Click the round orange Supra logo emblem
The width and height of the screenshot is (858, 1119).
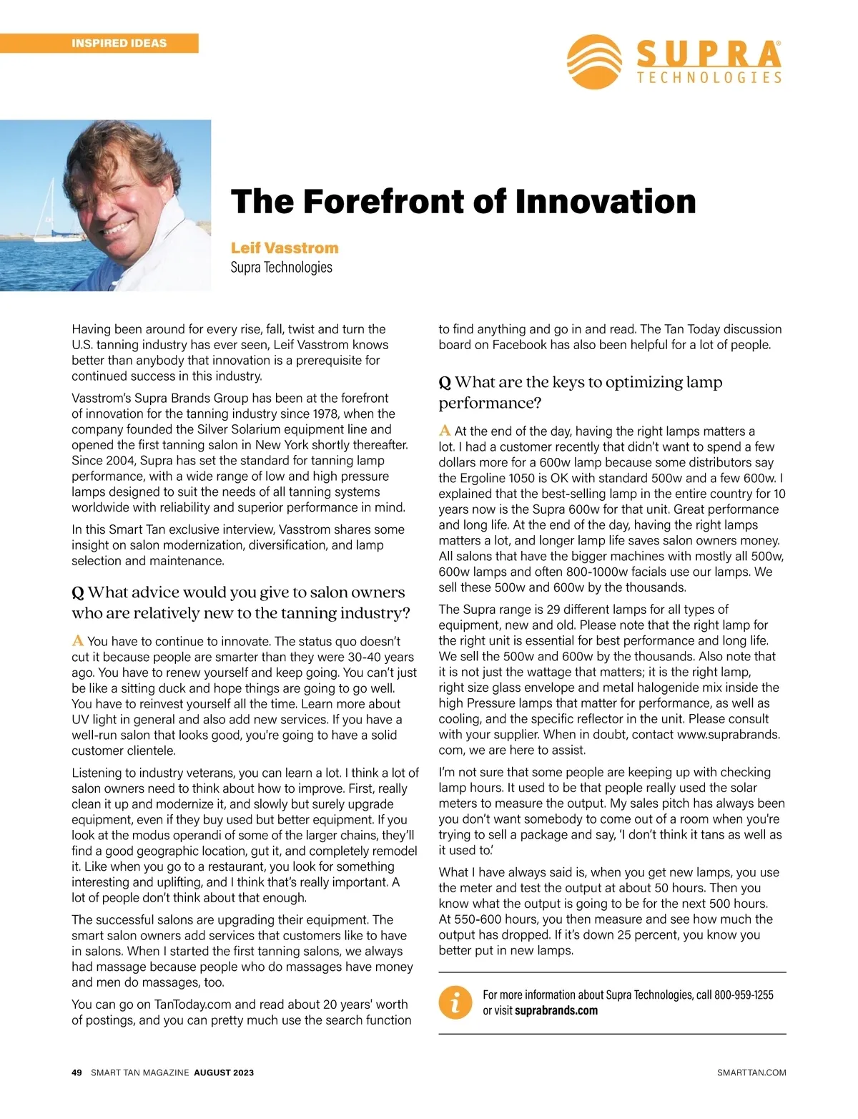(x=593, y=62)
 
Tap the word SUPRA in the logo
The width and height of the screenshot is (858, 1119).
(x=708, y=54)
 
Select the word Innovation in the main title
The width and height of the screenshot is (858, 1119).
(x=606, y=201)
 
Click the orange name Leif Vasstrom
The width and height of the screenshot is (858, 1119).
(x=285, y=248)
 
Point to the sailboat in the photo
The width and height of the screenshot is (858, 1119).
(x=51, y=215)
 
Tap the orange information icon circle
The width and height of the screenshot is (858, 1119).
(x=455, y=1002)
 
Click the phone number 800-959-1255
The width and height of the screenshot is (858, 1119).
(x=744, y=995)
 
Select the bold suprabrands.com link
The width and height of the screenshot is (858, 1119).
(x=556, y=1010)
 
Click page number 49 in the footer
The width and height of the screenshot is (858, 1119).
(x=77, y=1072)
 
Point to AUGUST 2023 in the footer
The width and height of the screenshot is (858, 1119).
(x=224, y=1072)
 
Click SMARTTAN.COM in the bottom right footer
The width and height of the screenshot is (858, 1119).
(x=751, y=1072)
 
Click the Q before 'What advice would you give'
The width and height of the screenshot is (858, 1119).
(x=78, y=593)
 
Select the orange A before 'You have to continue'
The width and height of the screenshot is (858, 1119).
(x=78, y=640)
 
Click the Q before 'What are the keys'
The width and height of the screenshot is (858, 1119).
(x=445, y=383)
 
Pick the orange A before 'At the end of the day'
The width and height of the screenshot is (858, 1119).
(x=445, y=430)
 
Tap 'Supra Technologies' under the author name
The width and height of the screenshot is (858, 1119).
(x=281, y=268)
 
